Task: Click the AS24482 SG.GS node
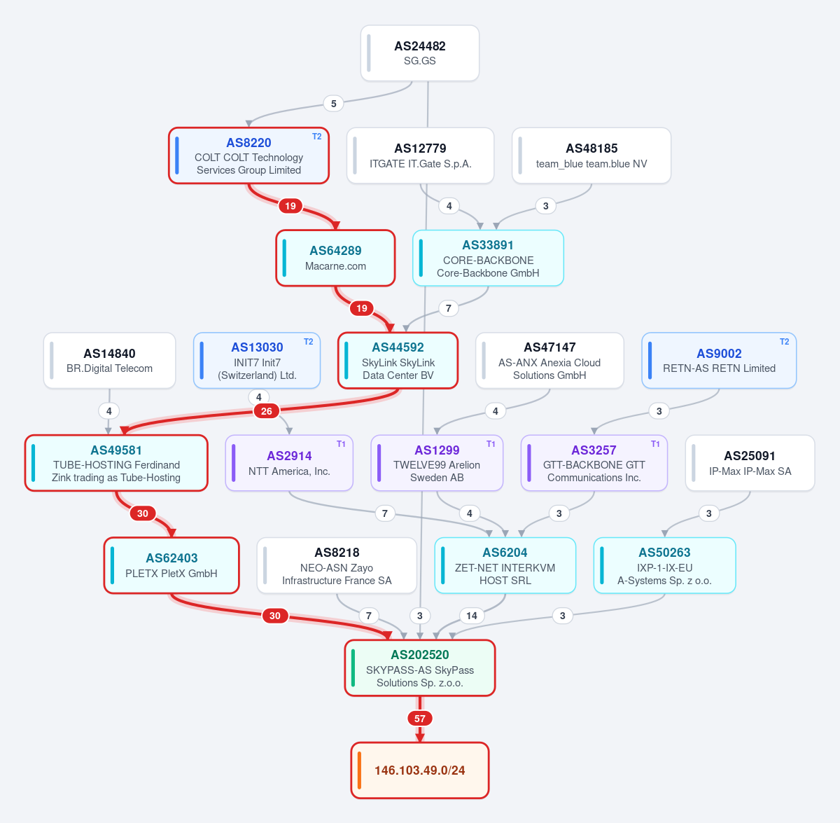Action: tap(420, 53)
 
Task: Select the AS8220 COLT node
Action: tap(248, 155)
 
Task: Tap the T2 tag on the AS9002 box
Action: tap(784, 342)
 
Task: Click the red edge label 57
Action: tap(420, 718)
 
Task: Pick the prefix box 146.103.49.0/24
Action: tap(420, 770)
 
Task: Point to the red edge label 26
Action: tap(266, 410)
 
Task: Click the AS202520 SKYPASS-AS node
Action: tap(420, 668)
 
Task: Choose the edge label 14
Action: tap(472, 616)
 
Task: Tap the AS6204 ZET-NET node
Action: tap(505, 565)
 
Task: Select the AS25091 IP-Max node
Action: tap(750, 463)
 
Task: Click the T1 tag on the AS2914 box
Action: tap(341, 444)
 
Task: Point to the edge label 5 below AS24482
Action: tap(333, 104)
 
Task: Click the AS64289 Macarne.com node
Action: tap(335, 258)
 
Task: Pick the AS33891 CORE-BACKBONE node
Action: tap(488, 258)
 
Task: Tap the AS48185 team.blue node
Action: tap(591, 155)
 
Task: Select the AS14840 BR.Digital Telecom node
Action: tap(109, 361)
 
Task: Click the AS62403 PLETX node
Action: tap(171, 565)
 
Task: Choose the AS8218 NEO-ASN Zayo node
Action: tap(337, 565)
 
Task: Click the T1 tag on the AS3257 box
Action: tap(655, 444)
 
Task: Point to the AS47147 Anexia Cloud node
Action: tap(549, 361)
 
